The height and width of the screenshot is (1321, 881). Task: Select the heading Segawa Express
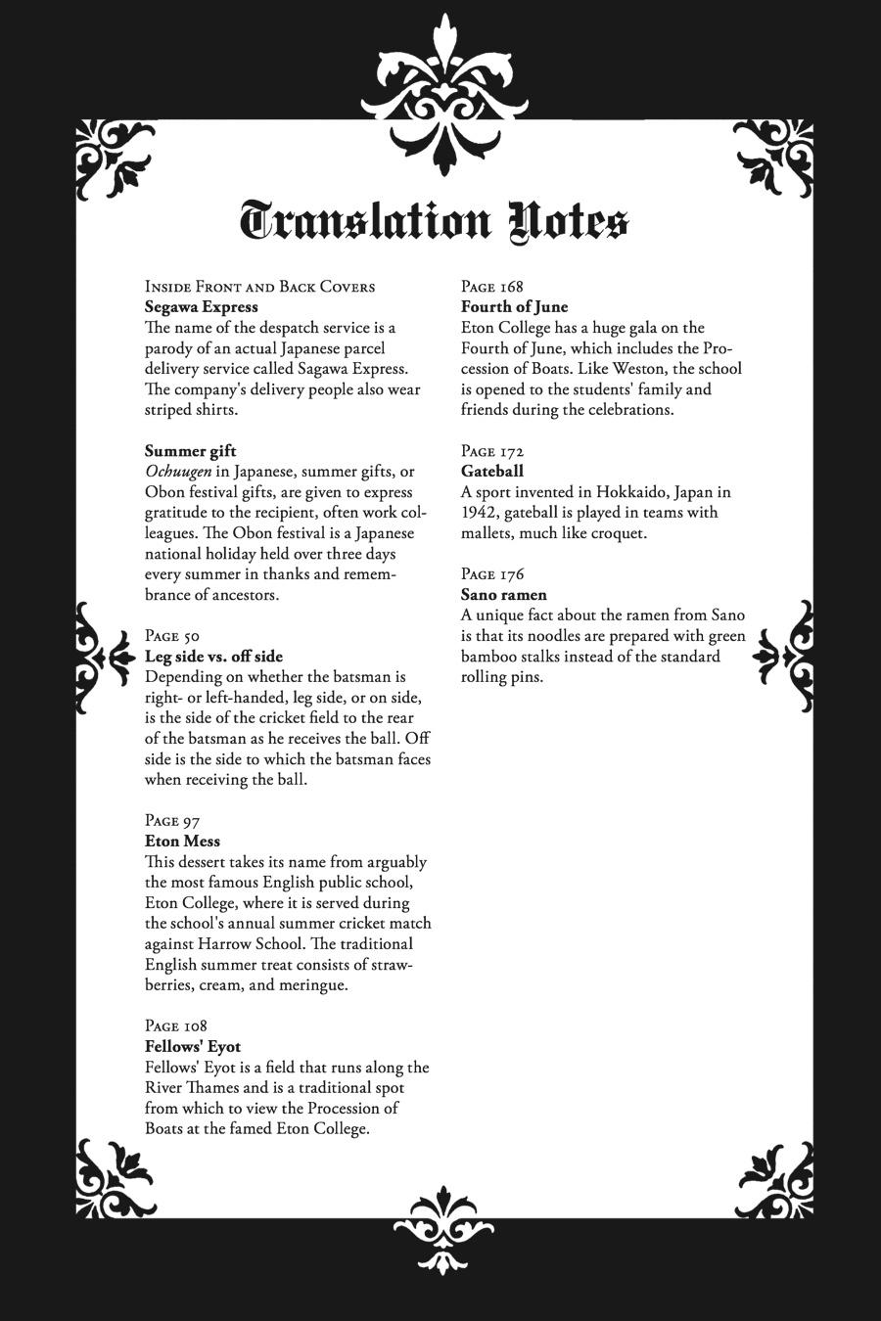tap(202, 307)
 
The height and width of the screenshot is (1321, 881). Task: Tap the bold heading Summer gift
tap(190, 451)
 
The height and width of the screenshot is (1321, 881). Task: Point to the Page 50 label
tap(172, 636)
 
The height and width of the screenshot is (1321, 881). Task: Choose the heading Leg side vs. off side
tap(213, 657)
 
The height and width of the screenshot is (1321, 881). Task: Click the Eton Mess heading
tap(182, 842)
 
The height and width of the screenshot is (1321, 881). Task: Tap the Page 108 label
tap(176, 1025)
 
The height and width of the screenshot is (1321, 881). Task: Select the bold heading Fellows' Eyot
tap(193, 1046)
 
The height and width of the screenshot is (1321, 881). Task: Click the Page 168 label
tap(492, 287)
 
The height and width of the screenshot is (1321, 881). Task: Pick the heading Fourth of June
tap(515, 307)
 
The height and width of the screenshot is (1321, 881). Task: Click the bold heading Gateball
tap(492, 472)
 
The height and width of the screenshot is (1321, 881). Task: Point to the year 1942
tap(480, 513)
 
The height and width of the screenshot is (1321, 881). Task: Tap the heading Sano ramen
tap(504, 595)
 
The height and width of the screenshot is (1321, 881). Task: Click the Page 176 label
tap(492, 574)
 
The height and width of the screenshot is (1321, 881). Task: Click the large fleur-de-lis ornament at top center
tap(445, 93)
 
